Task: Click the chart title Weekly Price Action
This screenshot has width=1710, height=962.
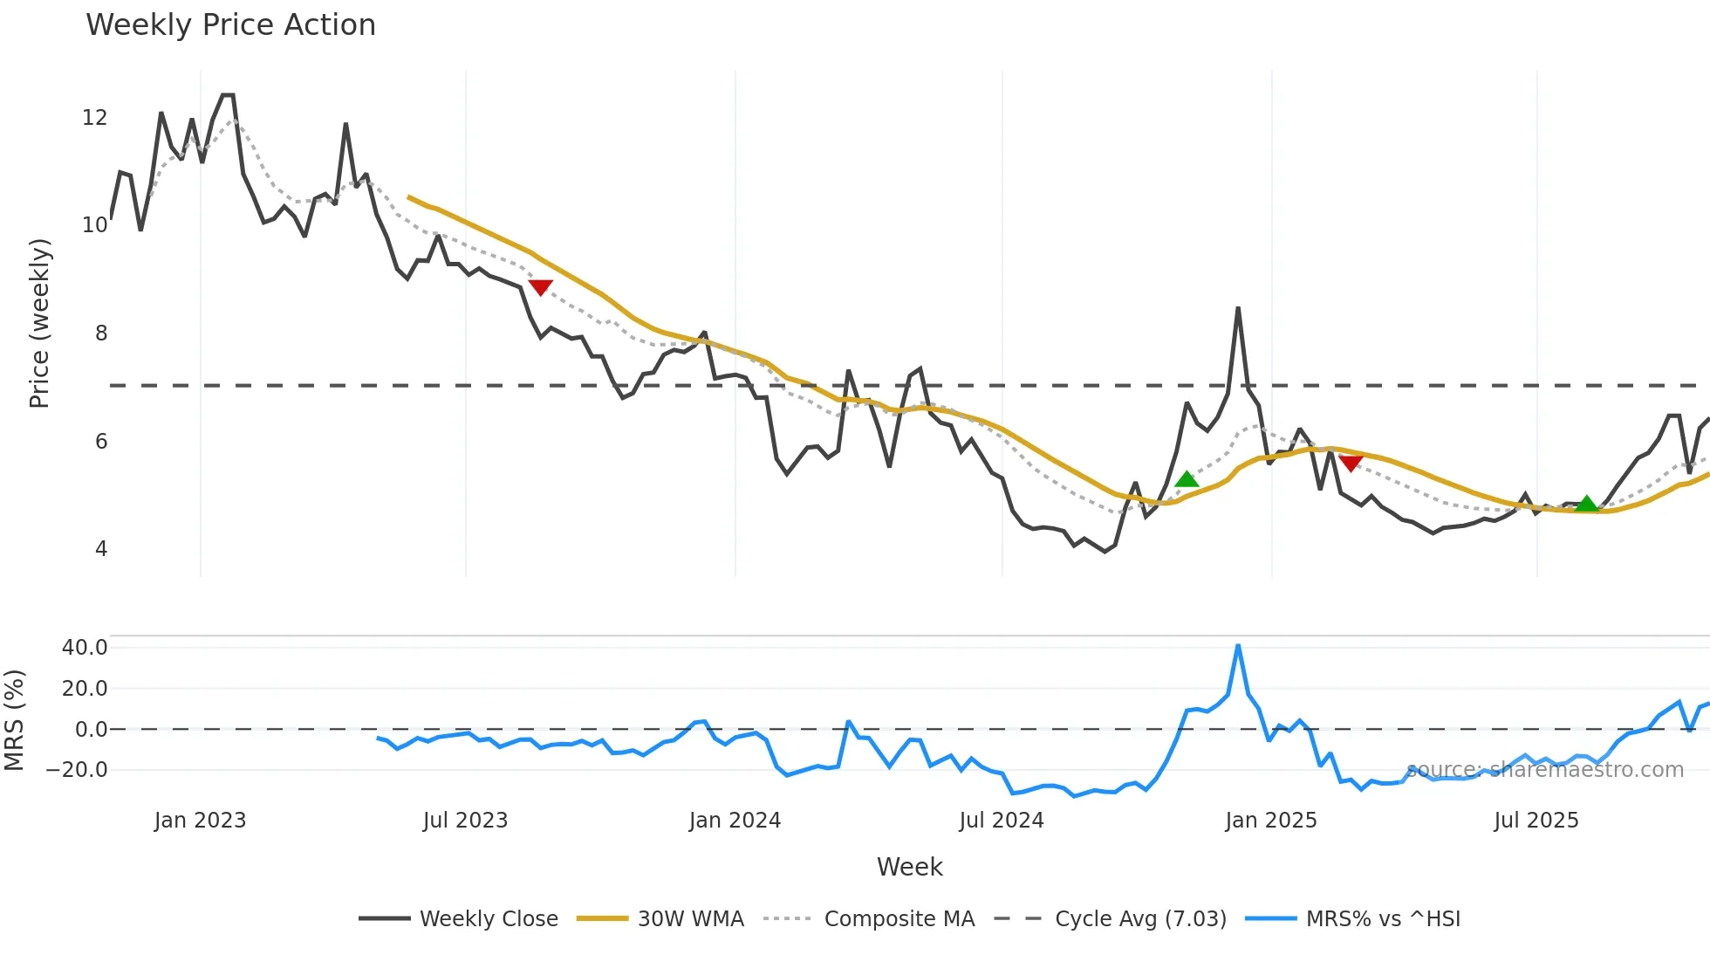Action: (x=230, y=25)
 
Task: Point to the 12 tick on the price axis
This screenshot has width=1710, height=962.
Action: (x=94, y=118)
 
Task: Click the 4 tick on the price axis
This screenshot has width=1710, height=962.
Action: (x=101, y=549)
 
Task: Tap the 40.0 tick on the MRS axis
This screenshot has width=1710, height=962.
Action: (x=85, y=648)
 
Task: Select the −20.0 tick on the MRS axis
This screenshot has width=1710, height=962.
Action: (x=77, y=770)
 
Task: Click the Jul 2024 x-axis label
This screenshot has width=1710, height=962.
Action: (x=1001, y=821)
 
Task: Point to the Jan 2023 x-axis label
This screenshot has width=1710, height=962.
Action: (x=200, y=821)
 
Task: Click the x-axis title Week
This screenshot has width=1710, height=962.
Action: (x=909, y=867)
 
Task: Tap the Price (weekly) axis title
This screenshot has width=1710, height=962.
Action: (x=39, y=324)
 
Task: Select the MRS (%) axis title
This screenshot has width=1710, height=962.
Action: (x=14, y=720)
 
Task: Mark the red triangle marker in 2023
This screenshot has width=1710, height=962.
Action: (x=540, y=287)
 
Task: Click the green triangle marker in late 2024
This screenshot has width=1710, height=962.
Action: (x=1187, y=479)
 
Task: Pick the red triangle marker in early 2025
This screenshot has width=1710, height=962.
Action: (x=1351, y=464)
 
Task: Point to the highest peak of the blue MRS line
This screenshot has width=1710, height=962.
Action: (x=1238, y=646)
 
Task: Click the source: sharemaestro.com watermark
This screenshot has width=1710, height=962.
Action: (x=1544, y=770)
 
